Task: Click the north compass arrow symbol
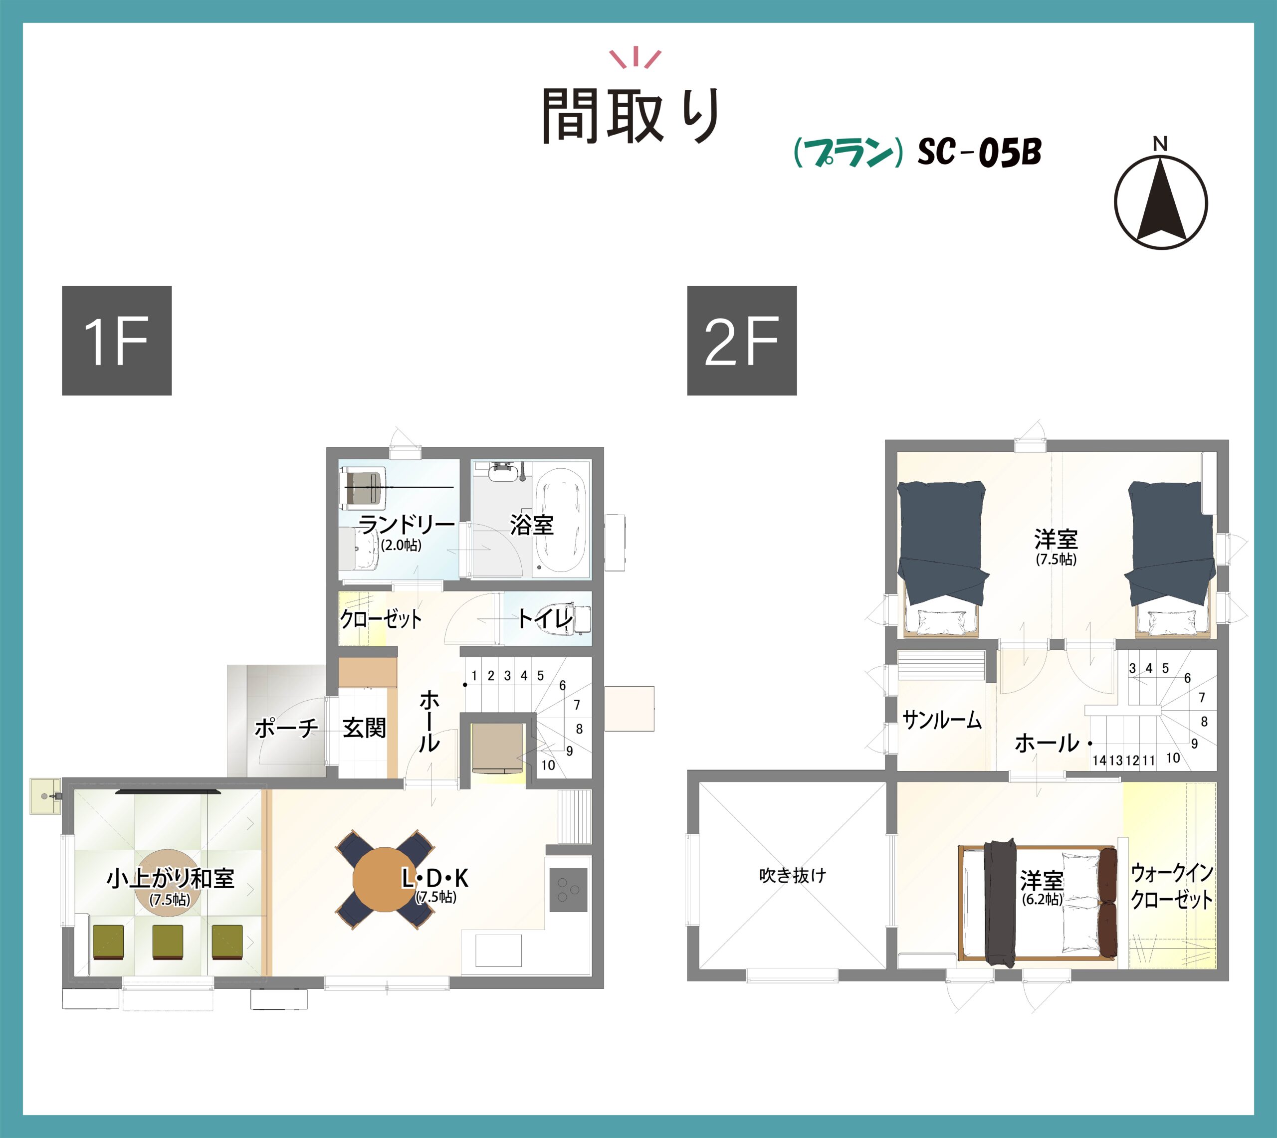click(1161, 201)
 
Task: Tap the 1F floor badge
click(116, 340)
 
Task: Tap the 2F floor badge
click(742, 340)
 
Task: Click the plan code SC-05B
click(979, 152)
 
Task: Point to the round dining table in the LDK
click(384, 880)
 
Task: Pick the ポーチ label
click(286, 729)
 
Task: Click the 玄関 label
click(364, 728)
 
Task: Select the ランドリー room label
click(406, 524)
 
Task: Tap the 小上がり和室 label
click(170, 879)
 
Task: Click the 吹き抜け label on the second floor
click(792, 875)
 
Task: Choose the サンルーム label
click(942, 720)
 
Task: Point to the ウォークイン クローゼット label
click(1172, 886)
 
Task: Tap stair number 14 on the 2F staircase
click(1099, 761)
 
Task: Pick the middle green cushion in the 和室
click(168, 942)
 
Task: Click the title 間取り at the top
click(632, 116)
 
